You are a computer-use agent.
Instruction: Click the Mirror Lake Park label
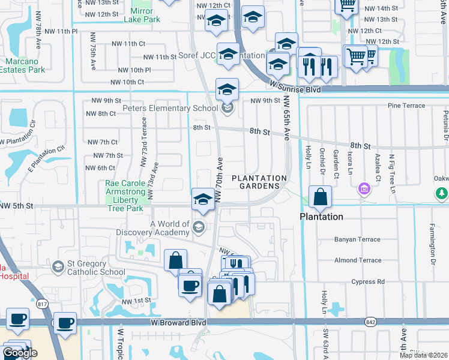pos(142,15)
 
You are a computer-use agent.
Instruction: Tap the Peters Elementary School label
pos(170,109)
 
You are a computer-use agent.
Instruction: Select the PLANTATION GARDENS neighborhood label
pos(259,182)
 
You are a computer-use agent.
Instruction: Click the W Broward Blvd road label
pos(177,323)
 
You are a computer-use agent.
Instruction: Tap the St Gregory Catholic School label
pos(95,268)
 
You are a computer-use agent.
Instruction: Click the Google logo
pos(20,353)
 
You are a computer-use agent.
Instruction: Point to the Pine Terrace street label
pos(406,106)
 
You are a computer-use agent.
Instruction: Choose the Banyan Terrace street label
pos(357,239)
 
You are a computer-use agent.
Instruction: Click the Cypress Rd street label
pos(368,281)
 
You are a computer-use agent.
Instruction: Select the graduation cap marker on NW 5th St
pos(203,199)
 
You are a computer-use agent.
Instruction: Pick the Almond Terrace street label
pos(357,260)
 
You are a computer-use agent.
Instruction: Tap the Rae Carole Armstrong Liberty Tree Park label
pos(122,196)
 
